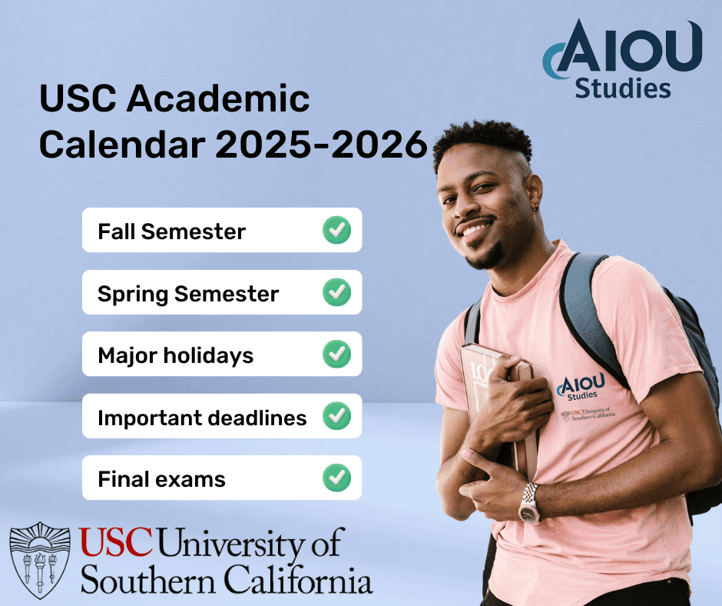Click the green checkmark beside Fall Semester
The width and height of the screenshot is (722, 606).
point(336,230)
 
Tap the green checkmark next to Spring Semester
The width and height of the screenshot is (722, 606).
point(336,292)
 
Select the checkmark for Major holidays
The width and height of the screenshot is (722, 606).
point(336,355)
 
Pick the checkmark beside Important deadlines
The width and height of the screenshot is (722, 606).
point(336,416)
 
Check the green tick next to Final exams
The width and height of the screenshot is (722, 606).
point(336,478)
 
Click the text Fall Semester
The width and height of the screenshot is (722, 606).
point(171,231)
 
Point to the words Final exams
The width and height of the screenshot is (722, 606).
point(161,480)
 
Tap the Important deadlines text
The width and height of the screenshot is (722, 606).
point(202,418)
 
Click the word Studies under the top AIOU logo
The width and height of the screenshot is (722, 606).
point(623,88)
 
